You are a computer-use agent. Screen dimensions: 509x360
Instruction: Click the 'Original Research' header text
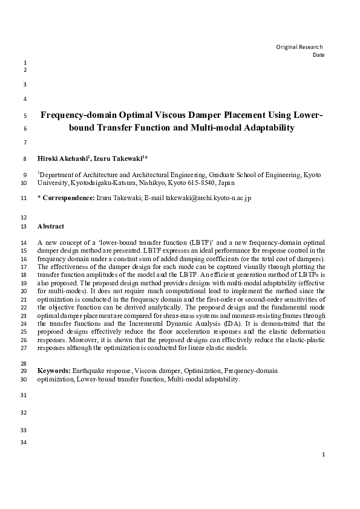pyautogui.click(x=299, y=47)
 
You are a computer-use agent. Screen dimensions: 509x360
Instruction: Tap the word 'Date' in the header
pyautogui.click(x=318, y=55)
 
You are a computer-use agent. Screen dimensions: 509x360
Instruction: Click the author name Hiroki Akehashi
pyautogui.click(x=63, y=158)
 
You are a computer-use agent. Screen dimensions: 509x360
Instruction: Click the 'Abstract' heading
pyautogui.click(x=51, y=227)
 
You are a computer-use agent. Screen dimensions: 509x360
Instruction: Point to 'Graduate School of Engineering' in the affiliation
pyautogui.click(x=223, y=174)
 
